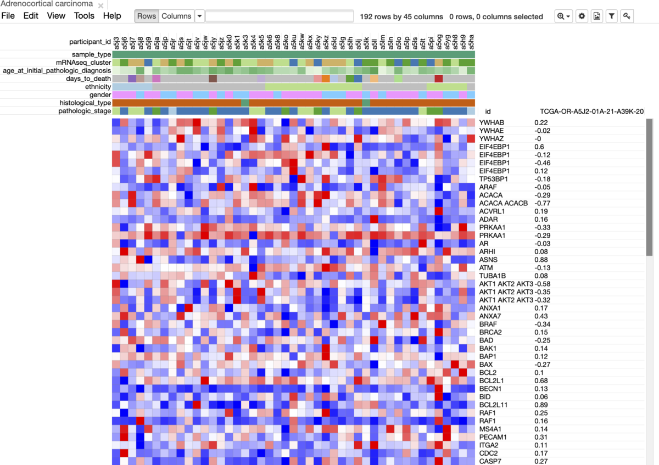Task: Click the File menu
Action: (8, 16)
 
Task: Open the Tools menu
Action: (84, 16)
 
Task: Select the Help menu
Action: (112, 16)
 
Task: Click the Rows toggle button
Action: (147, 16)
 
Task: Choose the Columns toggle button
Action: (176, 16)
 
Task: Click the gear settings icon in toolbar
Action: (582, 16)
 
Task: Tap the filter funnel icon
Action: (612, 16)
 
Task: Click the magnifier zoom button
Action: (563, 16)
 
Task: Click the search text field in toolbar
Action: (279, 16)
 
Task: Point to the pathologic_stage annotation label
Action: (85, 111)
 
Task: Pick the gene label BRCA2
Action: (490, 332)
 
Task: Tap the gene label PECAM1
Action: (493, 437)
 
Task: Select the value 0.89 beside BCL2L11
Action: (541, 405)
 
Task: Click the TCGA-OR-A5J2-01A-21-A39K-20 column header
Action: (591, 111)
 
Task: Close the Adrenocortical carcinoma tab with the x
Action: (100, 5)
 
